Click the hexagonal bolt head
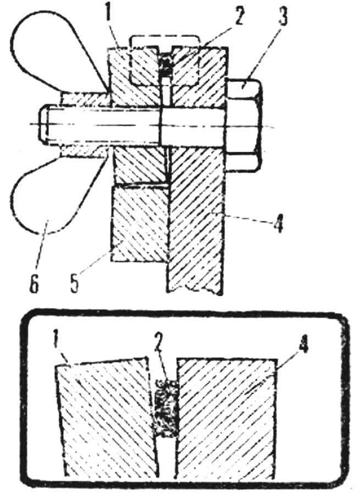(x=243, y=125)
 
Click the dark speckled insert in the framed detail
(x=166, y=408)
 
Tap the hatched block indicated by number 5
(x=139, y=223)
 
